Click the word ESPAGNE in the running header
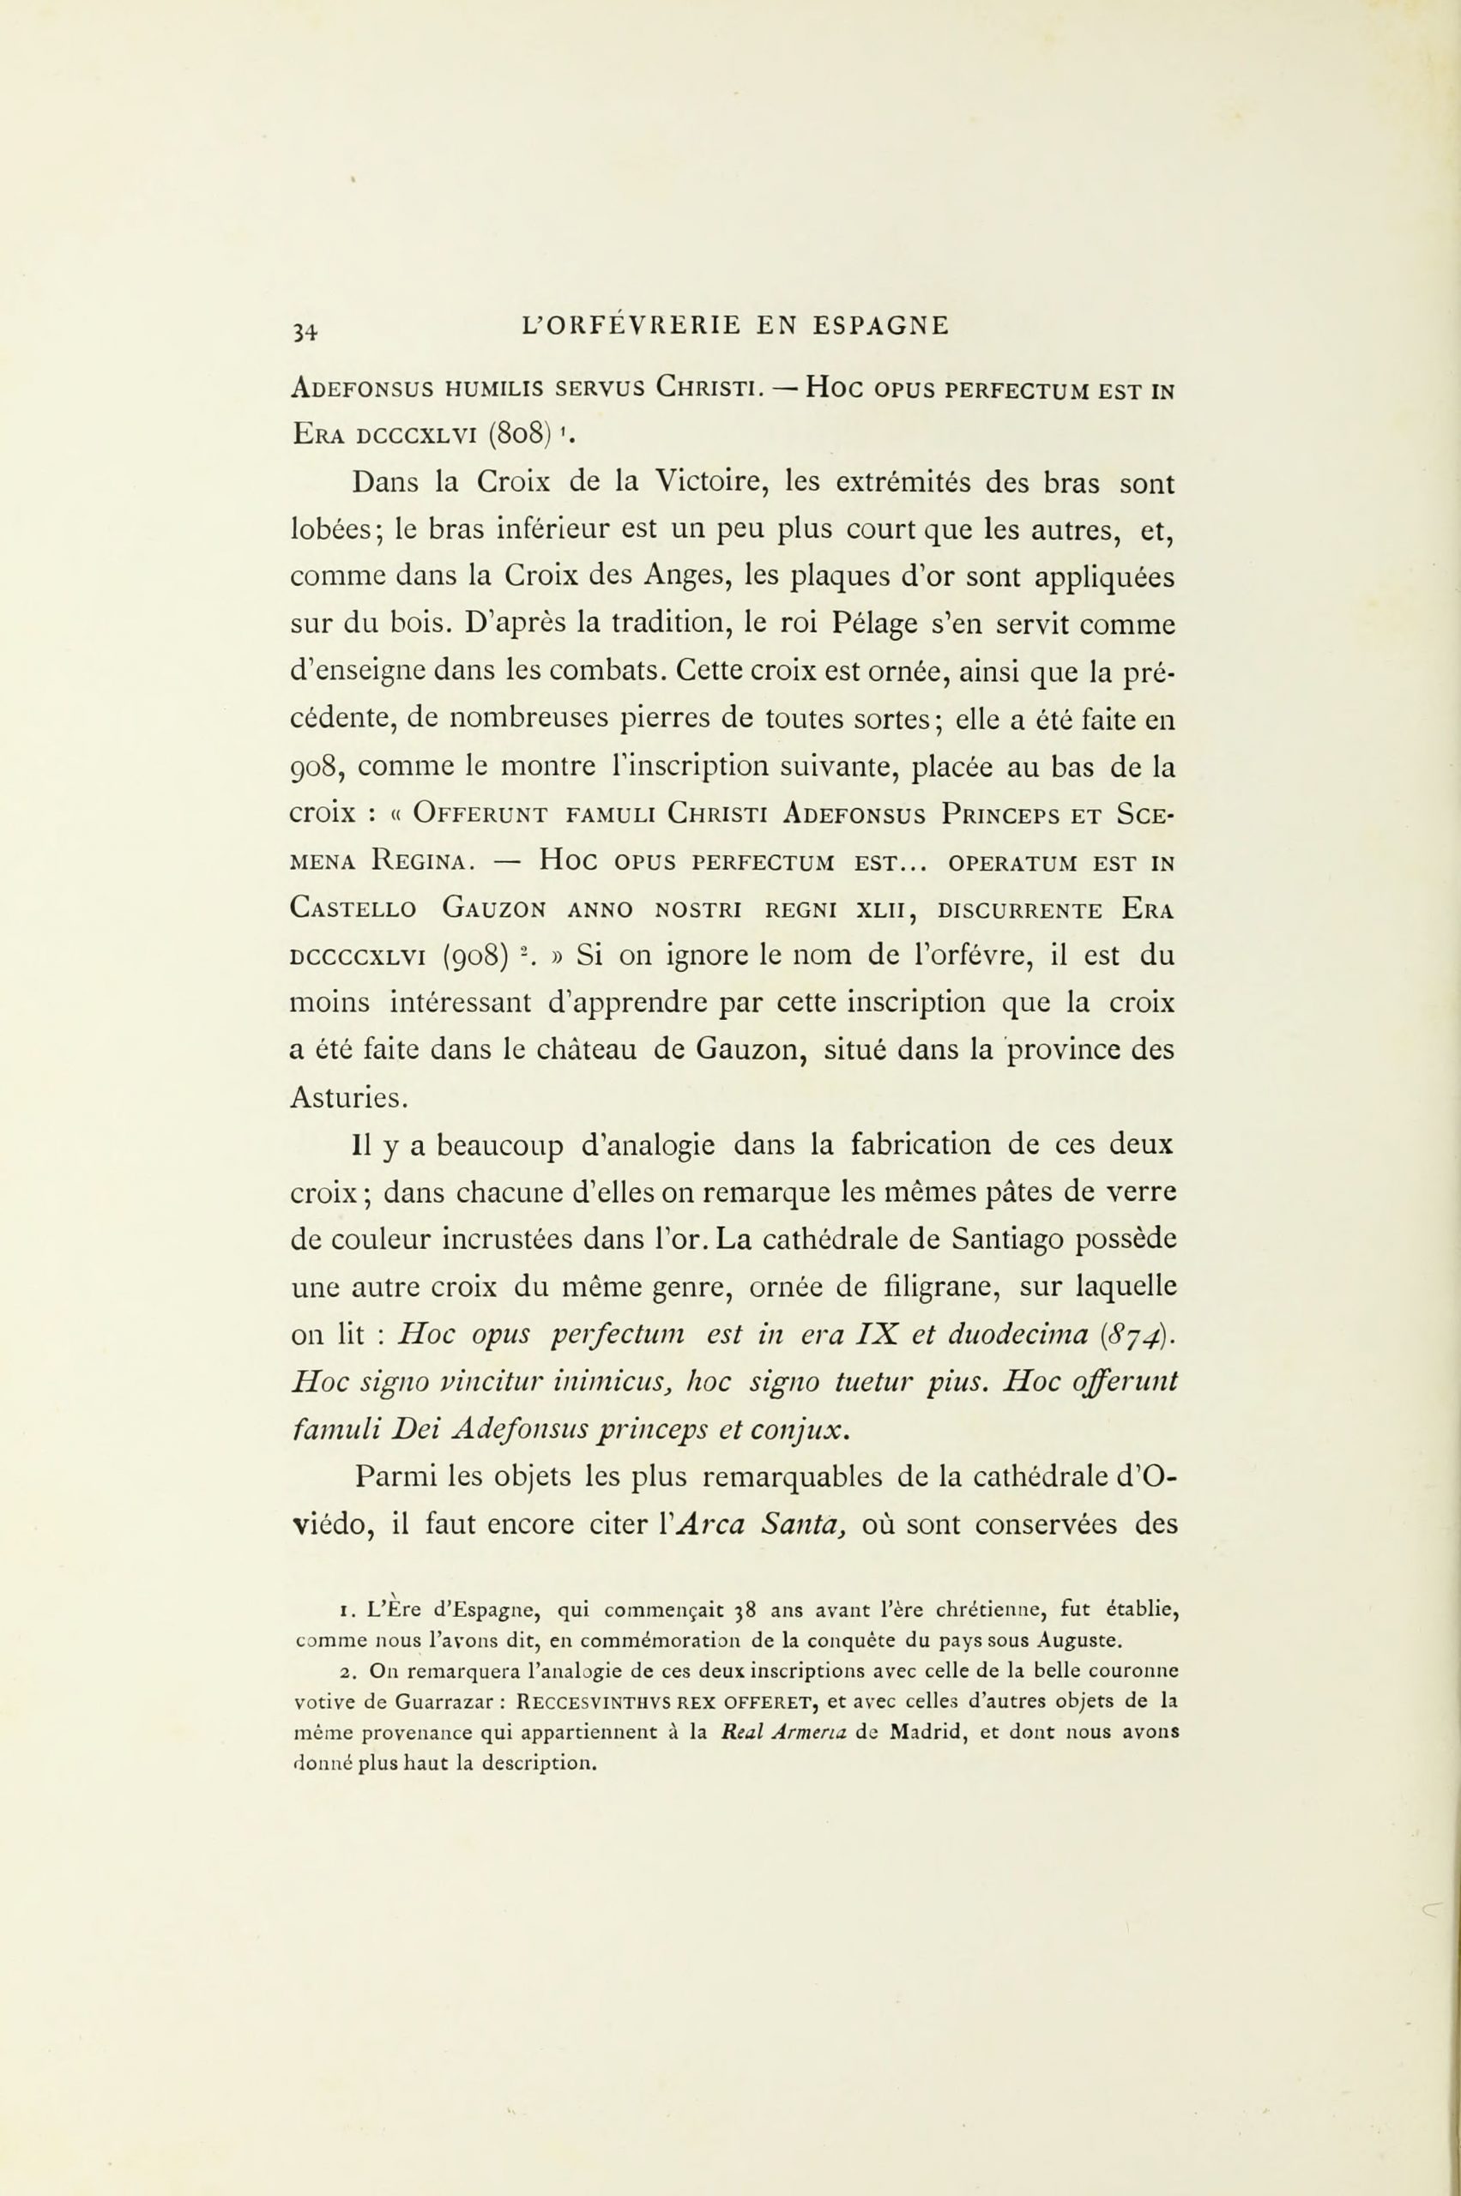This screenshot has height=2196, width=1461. click(880, 325)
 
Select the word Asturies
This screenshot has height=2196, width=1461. click(348, 1099)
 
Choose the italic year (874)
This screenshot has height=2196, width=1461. click(1136, 1335)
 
